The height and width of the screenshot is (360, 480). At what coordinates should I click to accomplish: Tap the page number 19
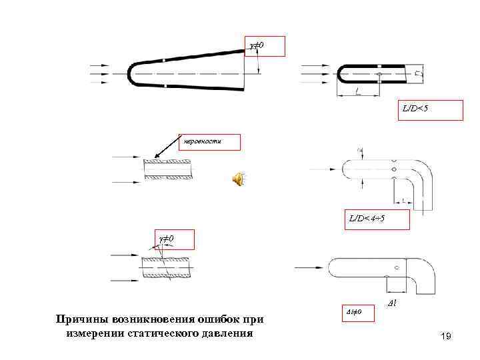(x=446, y=337)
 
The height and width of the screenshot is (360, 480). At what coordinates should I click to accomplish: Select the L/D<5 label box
(x=431, y=110)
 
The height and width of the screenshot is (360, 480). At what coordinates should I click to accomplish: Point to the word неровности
(x=206, y=141)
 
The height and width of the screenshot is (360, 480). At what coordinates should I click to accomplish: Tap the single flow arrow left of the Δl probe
(x=308, y=267)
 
